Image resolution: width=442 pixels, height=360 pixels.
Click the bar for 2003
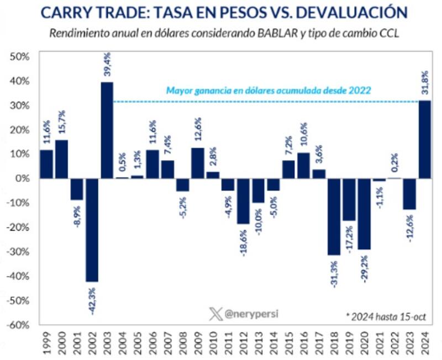(107, 130)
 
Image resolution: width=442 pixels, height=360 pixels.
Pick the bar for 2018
(334, 216)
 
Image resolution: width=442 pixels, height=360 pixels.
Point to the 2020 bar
(364, 214)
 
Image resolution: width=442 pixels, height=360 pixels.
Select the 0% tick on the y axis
(24, 178)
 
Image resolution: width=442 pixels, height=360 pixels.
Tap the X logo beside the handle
(215, 314)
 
